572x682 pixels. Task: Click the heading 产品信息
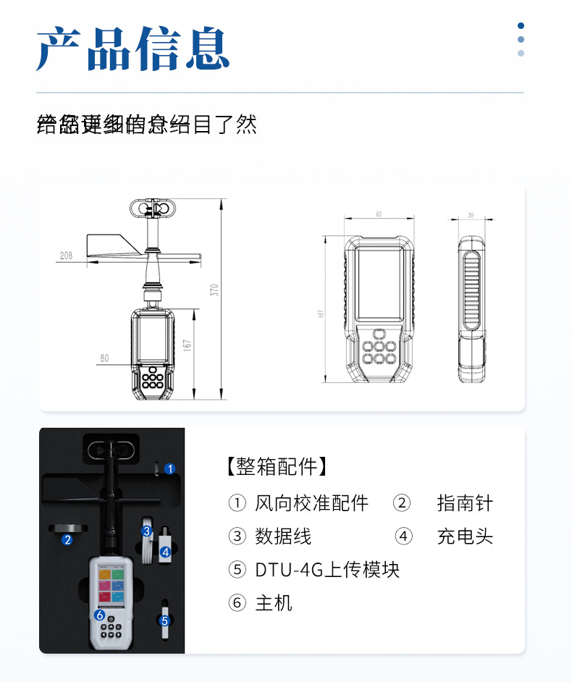[x=133, y=49]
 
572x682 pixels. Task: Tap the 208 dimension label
[x=67, y=256]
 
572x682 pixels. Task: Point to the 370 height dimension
[x=214, y=290]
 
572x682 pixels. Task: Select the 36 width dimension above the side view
[x=471, y=215]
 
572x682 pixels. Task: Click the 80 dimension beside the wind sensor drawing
[x=104, y=358]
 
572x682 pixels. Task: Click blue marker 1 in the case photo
[x=169, y=469]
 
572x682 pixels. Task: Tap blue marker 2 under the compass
[x=67, y=539]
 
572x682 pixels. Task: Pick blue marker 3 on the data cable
[x=147, y=531]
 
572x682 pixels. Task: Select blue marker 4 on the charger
[x=165, y=552]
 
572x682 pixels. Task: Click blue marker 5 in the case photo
[x=164, y=620]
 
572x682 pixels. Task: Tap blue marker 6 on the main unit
[x=100, y=615]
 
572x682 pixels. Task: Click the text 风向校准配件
[x=311, y=503]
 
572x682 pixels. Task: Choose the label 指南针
[x=465, y=503]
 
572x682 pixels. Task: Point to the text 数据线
[x=283, y=536]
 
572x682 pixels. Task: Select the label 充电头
[x=465, y=536]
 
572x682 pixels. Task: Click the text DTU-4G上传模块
[x=327, y=570]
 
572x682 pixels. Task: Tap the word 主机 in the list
[x=274, y=603]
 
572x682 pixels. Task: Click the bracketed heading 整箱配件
[x=277, y=466]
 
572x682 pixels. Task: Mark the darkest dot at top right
[x=521, y=26]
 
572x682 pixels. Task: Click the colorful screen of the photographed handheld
[x=111, y=583]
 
